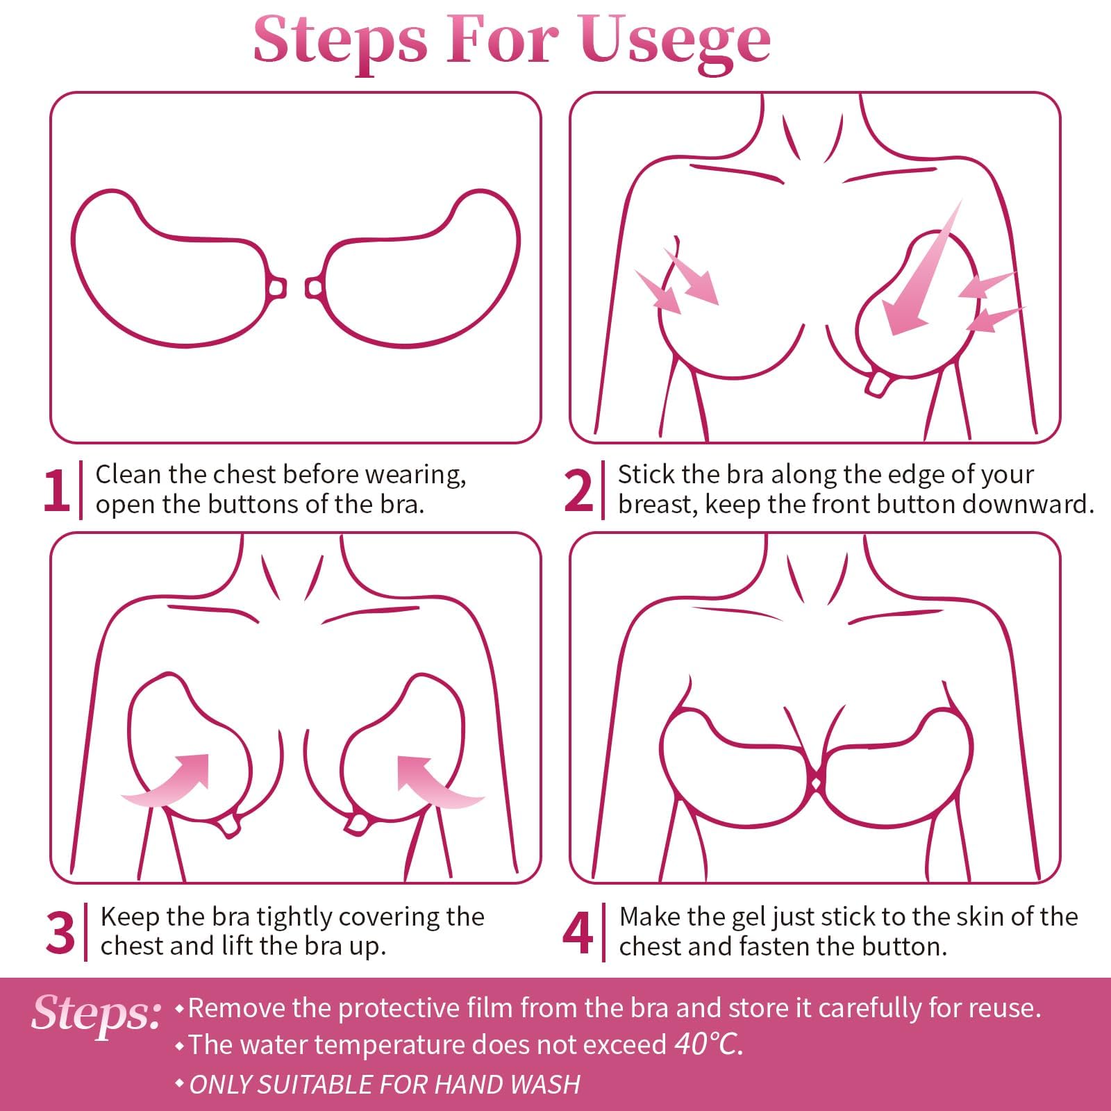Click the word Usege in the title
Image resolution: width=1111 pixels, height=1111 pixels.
[675, 40]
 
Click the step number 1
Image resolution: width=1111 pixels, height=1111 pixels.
[56, 491]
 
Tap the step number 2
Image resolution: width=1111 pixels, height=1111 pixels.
[578, 491]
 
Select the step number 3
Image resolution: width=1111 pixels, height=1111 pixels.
[60, 933]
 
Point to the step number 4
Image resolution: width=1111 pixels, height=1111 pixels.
[578, 933]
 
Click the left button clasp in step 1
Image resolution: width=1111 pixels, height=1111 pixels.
[276, 287]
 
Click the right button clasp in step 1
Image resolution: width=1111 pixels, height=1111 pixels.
[314, 287]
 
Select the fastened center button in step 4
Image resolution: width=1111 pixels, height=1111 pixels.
[817, 783]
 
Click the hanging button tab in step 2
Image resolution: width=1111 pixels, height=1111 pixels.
[876, 384]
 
